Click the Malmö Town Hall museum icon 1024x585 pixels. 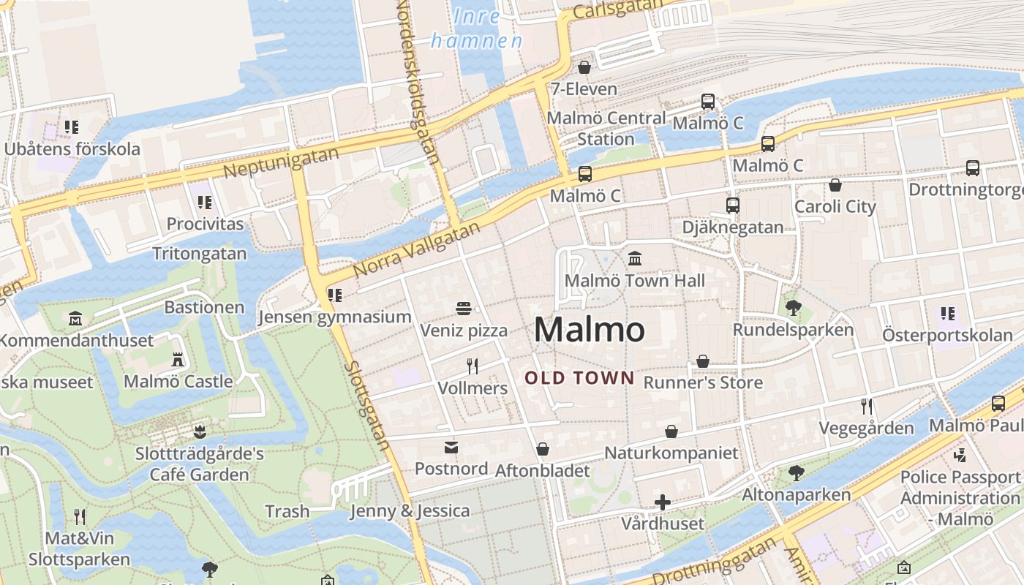(x=634, y=258)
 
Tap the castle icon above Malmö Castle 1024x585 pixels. (x=178, y=359)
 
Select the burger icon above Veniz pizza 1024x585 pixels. (x=463, y=309)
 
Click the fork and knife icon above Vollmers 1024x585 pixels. (x=473, y=366)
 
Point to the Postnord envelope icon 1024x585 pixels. (x=451, y=447)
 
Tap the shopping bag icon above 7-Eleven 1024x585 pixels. (x=584, y=67)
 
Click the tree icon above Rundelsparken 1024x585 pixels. (x=793, y=307)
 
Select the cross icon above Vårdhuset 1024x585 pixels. (x=663, y=502)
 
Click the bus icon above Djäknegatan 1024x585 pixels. (x=733, y=205)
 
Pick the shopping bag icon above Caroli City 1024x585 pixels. (x=835, y=185)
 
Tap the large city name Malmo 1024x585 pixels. (x=590, y=330)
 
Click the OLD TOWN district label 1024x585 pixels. (x=579, y=378)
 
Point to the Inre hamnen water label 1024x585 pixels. (x=477, y=28)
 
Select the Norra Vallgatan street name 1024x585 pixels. (x=417, y=249)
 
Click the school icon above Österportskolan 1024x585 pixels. (x=948, y=314)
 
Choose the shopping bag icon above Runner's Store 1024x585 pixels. (x=702, y=361)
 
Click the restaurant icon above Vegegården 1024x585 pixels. (x=867, y=407)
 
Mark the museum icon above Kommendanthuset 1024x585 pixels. (x=75, y=319)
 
